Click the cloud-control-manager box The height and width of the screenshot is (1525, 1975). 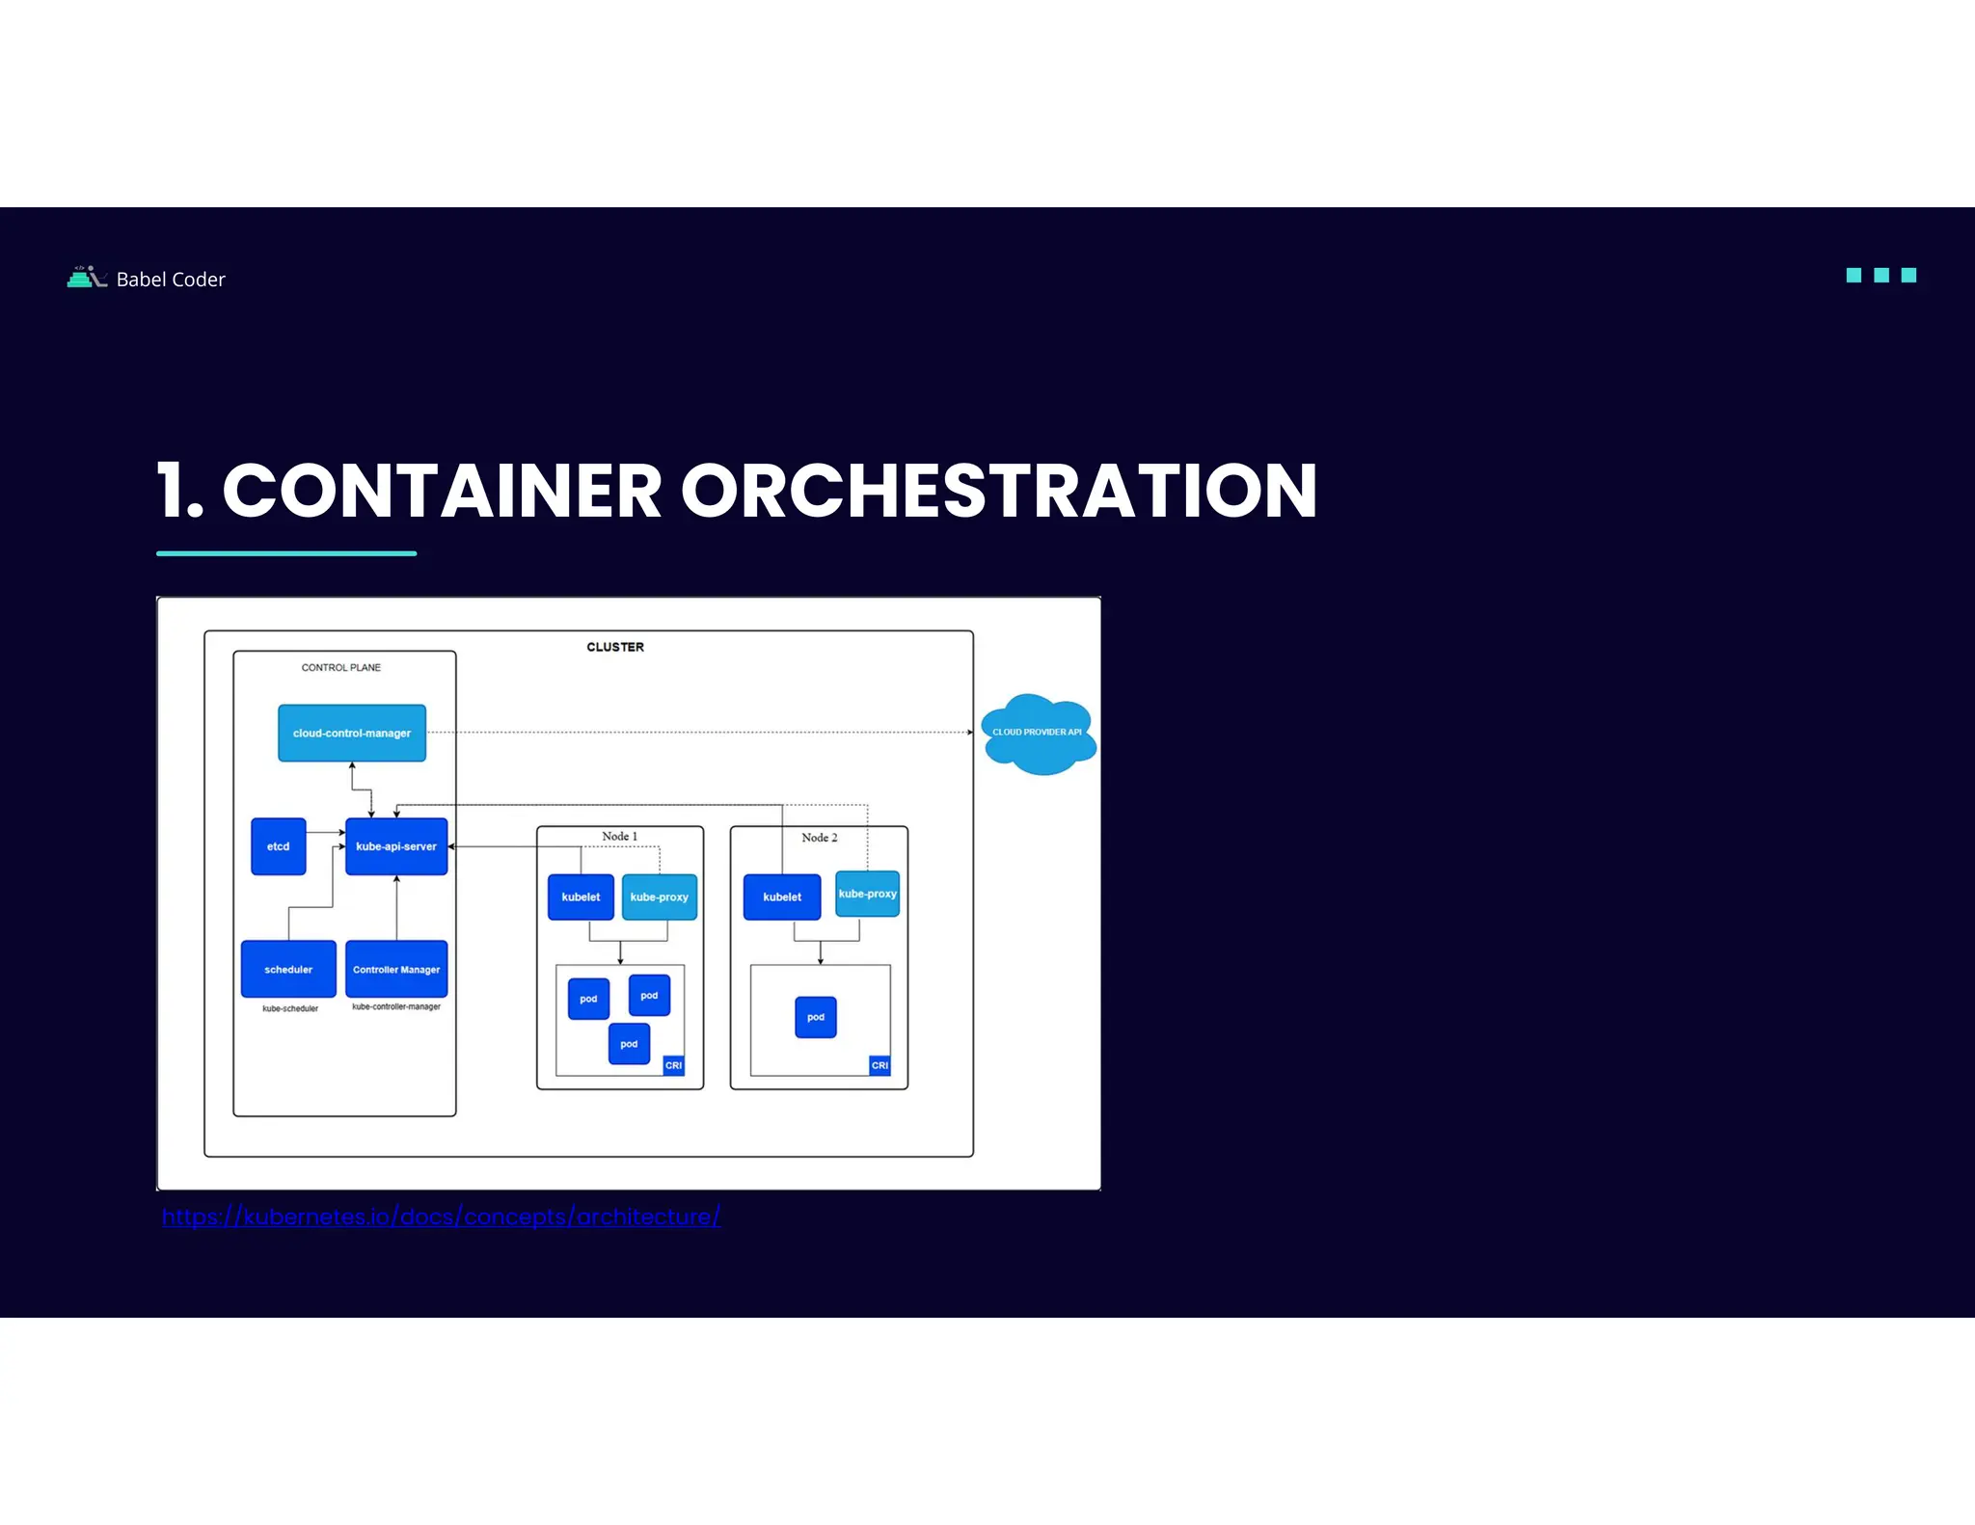[x=352, y=733]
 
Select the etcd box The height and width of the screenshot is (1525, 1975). [x=279, y=846]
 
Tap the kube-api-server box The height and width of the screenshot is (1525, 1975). [x=396, y=846]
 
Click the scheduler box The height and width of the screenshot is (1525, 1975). [x=288, y=969]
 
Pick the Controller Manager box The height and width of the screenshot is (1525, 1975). [x=396, y=969]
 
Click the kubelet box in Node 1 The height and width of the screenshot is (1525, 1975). [x=581, y=896]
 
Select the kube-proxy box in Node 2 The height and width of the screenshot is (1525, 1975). [x=867, y=894]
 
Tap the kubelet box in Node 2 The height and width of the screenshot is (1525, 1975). [x=782, y=896]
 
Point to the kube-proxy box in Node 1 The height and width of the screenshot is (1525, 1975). [x=660, y=896]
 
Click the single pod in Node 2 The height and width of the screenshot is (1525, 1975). [x=816, y=1017]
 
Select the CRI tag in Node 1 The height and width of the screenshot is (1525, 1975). [x=673, y=1065]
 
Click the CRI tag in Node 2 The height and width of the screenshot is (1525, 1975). [x=879, y=1065]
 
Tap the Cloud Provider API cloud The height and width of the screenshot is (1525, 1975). [x=1038, y=734]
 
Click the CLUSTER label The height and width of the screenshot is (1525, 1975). [x=615, y=647]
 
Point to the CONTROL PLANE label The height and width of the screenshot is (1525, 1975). [x=341, y=667]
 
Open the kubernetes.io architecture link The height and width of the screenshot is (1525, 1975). [x=442, y=1217]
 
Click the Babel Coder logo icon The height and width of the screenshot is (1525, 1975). [x=87, y=278]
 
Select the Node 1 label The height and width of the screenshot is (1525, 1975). [x=619, y=836]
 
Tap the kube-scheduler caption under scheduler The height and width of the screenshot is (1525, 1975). [x=290, y=1008]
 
